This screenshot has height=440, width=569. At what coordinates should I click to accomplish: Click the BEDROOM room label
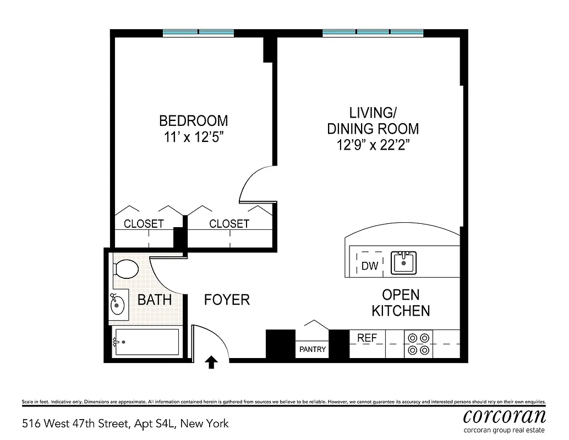(x=193, y=120)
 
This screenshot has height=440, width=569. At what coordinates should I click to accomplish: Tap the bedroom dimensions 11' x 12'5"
(x=193, y=137)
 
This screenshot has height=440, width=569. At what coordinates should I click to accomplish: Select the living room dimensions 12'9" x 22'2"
(x=373, y=145)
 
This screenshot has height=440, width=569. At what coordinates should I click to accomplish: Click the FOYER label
(x=227, y=300)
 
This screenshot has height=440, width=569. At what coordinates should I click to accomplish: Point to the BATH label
(x=154, y=300)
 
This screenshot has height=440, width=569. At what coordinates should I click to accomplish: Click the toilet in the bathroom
(x=126, y=269)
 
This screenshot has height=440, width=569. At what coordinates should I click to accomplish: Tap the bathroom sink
(x=118, y=304)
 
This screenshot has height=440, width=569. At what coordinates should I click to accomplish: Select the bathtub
(x=146, y=342)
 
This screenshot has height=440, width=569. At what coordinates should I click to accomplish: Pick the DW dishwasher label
(x=370, y=266)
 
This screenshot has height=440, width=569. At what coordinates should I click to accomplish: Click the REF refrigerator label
(x=367, y=338)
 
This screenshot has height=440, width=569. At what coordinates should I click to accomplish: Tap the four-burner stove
(x=418, y=344)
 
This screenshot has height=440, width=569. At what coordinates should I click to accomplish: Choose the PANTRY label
(x=313, y=349)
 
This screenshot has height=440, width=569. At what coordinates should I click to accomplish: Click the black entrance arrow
(x=211, y=361)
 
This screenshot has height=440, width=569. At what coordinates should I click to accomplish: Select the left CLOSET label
(x=144, y=224)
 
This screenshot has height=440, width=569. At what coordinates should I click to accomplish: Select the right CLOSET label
(x=229, y=224)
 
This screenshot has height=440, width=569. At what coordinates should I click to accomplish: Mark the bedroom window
(x=198, y=33)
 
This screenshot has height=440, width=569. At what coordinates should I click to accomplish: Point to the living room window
(x=373, y=33)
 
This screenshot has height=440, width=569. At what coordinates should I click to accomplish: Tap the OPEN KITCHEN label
(x=401, y=302)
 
